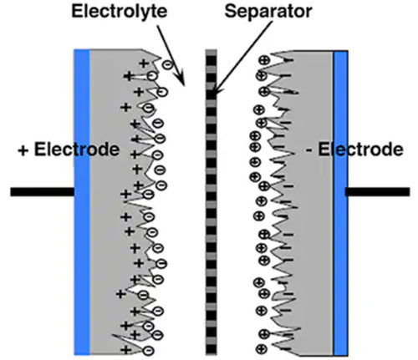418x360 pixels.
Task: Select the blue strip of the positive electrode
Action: click(x=81, y=200)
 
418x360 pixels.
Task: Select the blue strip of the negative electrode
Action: click(x=340, y=200)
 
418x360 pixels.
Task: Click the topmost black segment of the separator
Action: click(x=211, y=53)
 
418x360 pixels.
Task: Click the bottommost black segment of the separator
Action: click(x=211, y=345)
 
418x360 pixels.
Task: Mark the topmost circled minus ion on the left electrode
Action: click(x=167, y=63)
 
